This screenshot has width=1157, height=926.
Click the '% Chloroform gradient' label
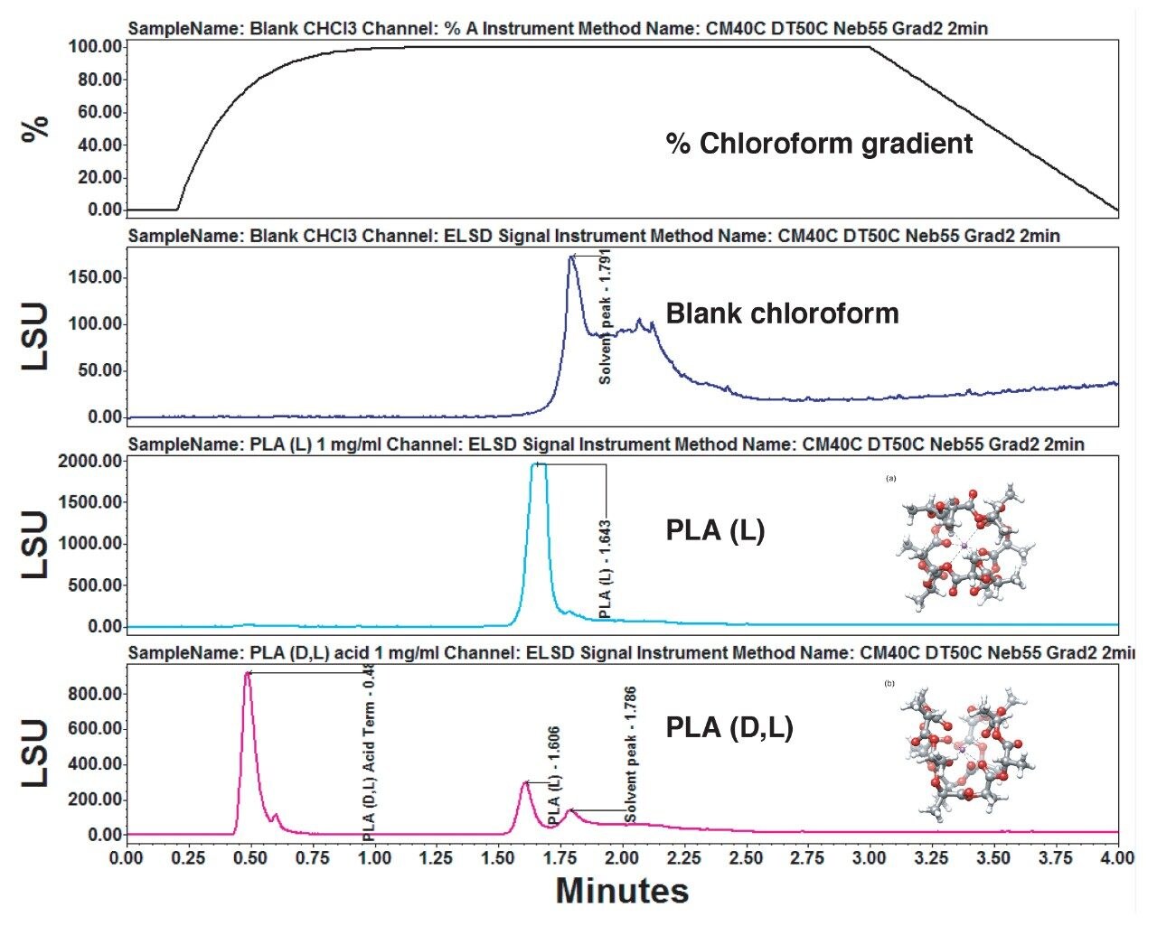819,144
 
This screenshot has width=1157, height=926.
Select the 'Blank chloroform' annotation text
782,313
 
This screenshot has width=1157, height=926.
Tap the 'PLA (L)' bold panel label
715,530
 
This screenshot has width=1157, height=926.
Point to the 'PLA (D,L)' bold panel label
729,727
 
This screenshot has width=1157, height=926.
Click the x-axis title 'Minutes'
622,891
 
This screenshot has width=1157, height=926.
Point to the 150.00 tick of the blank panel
95,277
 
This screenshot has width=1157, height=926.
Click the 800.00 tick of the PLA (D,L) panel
95,694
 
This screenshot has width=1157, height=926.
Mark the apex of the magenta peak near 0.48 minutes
248,673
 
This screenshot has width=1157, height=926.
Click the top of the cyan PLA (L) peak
538,464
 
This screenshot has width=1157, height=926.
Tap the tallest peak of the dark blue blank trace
571,257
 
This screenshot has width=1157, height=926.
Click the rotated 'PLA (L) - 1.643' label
606,569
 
